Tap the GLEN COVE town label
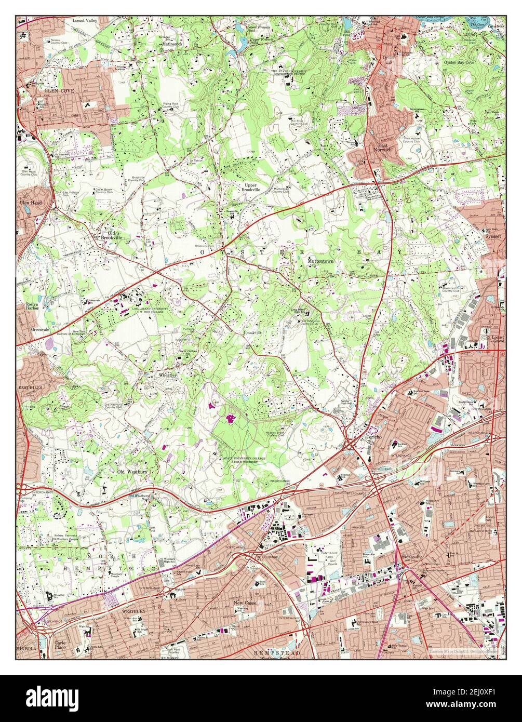tap(59, 90)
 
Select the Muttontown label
tap(320, 261)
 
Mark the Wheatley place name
tap(168, 375)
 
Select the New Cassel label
tap(246, 603)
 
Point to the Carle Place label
tap(60, 645)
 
